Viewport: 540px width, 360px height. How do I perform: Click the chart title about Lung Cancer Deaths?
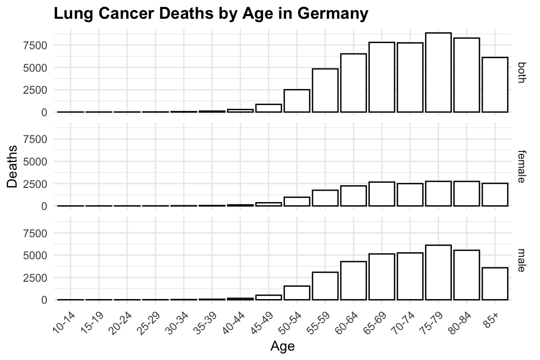(211, 14)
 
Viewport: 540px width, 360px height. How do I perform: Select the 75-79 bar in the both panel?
(438, 73)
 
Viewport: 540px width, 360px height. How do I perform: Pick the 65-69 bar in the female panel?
(382, 194)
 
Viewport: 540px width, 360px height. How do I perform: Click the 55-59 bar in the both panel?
(325, 90)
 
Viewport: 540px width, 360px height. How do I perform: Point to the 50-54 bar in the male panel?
(297, 292)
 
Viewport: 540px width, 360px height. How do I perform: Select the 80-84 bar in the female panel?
(466, 194)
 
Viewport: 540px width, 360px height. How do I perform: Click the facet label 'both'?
(522, 73)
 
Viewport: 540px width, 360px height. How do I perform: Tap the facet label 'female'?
(522, 166)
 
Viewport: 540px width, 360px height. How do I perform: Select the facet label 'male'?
(522, 260)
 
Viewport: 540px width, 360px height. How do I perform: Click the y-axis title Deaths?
(13, 166)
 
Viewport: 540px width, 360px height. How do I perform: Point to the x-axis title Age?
(283, 347)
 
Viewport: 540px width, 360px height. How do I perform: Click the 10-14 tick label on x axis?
(65, 319)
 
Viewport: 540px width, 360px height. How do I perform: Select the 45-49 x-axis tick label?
(263, 319)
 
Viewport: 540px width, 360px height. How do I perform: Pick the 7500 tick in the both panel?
(38, 45)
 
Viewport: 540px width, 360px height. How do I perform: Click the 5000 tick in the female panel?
(38, 161)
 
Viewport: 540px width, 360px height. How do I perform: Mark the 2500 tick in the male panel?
(38, 277)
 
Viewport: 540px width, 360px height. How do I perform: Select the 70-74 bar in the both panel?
(410, 77)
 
